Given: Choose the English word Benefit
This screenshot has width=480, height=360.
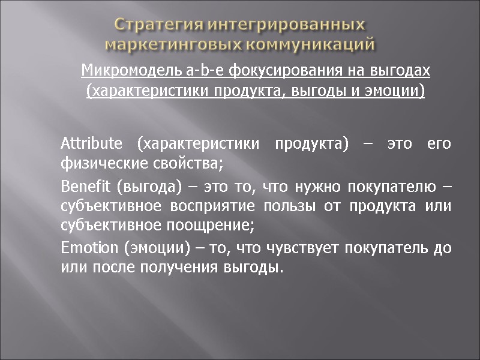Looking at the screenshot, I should click(x=86, y=187).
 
